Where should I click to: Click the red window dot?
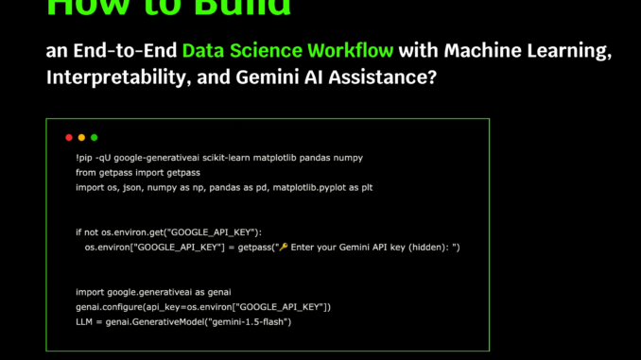pos(69,137)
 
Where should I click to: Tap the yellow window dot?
pos(81,137)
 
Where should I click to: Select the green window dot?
pos(94,137)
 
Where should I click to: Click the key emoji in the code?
pos(282,247)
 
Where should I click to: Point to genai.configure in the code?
pos(109,307)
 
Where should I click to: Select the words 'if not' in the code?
pos(88,231)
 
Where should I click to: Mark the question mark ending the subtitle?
pos(433,77)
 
